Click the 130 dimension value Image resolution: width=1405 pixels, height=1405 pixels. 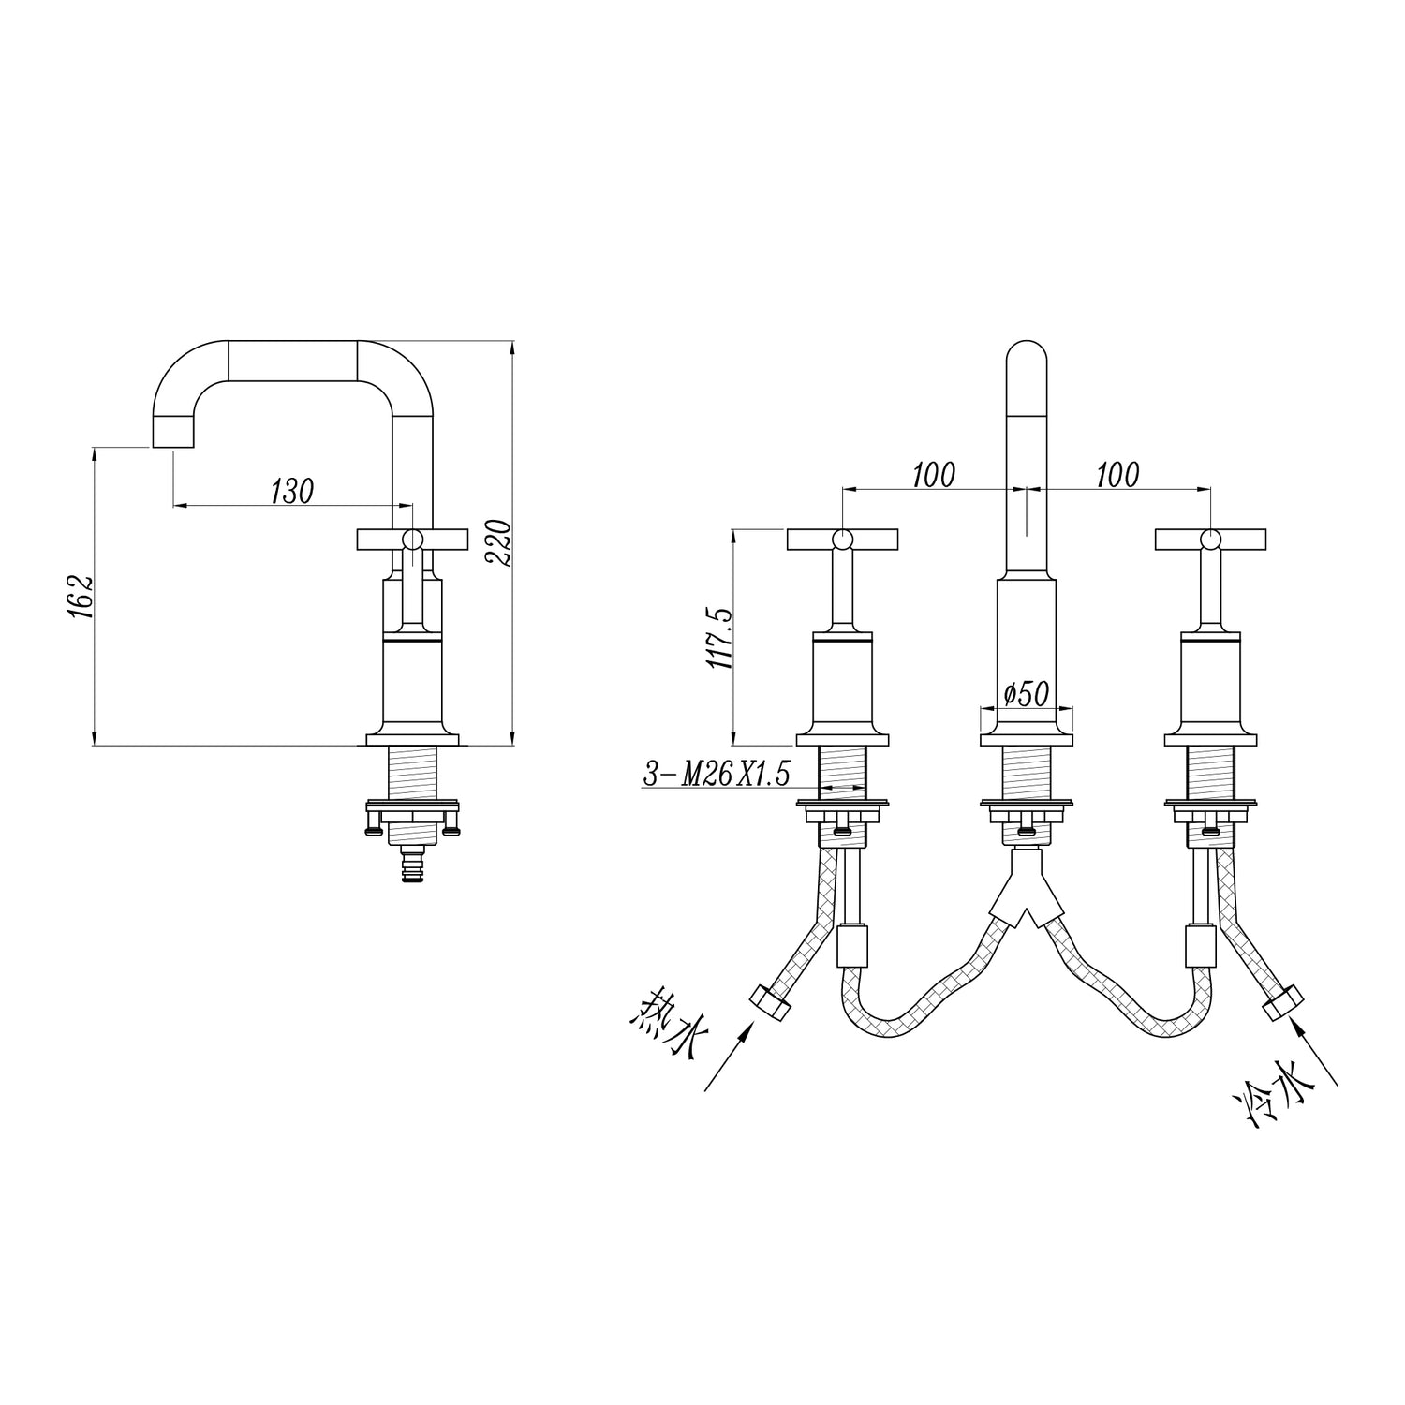291,491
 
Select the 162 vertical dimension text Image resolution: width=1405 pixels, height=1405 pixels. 81,597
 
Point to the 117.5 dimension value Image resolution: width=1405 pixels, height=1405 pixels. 718,636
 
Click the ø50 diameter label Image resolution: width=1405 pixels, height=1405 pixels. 1025,694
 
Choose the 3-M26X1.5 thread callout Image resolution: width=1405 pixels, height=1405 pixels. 717,774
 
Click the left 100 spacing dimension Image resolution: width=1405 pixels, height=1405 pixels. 934,475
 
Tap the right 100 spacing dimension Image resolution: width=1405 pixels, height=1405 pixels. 1117,475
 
